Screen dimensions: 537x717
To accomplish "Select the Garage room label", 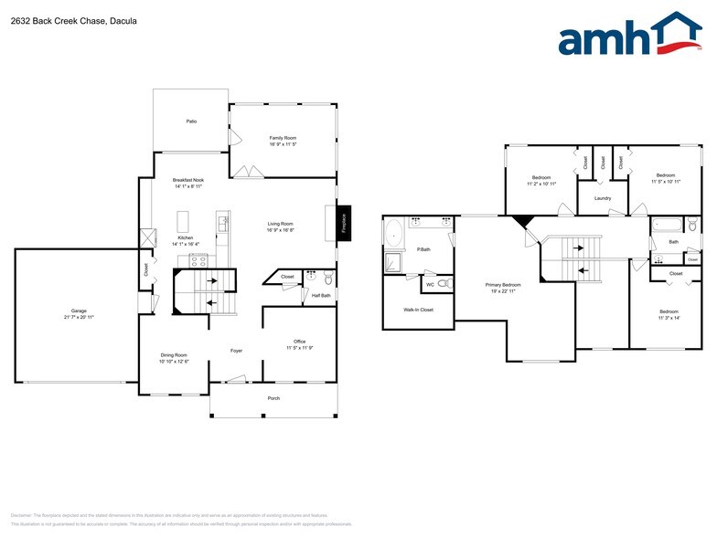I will pyautogui.click(x=79, y=313).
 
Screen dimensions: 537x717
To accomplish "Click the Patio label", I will pyautogui.click(x=191, y=121).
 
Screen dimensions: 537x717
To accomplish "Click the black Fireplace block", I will pyautogui.click(x=344, y=222).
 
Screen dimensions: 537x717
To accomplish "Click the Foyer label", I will pyautogui.click(x=235, y=350).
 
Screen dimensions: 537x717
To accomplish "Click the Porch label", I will pyautogui.click(x=273, y=398).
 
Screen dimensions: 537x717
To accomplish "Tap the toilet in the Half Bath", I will pyautogui.click(x=327, y=279).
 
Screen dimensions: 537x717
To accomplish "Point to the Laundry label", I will pyautogui.click(x=602, y=198).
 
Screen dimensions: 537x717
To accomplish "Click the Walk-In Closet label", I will pyautogui.click(x=418, y=310).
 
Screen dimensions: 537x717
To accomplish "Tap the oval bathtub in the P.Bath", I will pyautogui.click(x=395, y=234).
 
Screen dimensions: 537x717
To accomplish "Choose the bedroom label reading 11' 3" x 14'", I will pyautogui.click(x=669, y=314).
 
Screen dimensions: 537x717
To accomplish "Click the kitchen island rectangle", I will pyautogui.click(x=183, y=222).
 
